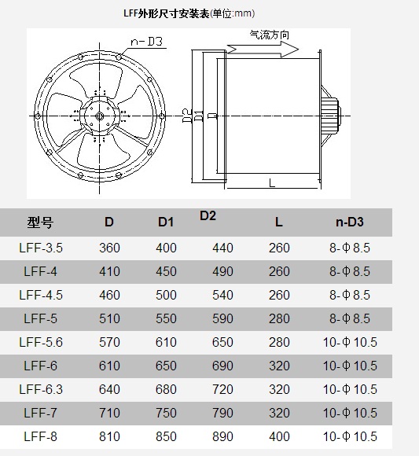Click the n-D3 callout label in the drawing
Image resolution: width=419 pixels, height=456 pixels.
[x=146, y=42]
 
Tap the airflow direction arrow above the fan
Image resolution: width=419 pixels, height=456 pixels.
[x=263, y=50]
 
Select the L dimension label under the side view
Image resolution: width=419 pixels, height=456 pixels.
[x=272, y=183]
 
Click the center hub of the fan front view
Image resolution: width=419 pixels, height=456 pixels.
[x=100, y=116]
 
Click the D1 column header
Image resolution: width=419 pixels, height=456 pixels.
[x=166, y=222]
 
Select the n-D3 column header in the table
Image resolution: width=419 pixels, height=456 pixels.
[x=350, y=222]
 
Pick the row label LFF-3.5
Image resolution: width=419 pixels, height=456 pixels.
[x=41, y=248]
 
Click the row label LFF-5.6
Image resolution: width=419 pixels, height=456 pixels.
[x=41, y=342]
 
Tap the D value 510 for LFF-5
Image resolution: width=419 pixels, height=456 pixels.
[x=109, y=318]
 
